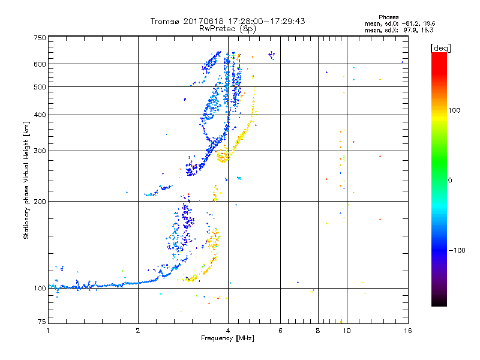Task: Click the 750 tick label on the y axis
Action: (x=40, y=38)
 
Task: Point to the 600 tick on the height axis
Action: (x=40, y=64)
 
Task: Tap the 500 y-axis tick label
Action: (x=40, y=87)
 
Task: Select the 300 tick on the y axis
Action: (x=40, y=151)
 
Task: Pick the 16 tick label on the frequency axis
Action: (x=407, y=331)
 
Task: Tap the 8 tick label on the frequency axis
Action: (x=318, y=331)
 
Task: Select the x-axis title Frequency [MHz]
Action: (x=227, y=338)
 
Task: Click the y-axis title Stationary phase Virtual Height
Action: (x=26, y=180)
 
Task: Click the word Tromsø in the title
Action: (x=166, y=21)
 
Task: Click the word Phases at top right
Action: (x=389, y=17)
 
